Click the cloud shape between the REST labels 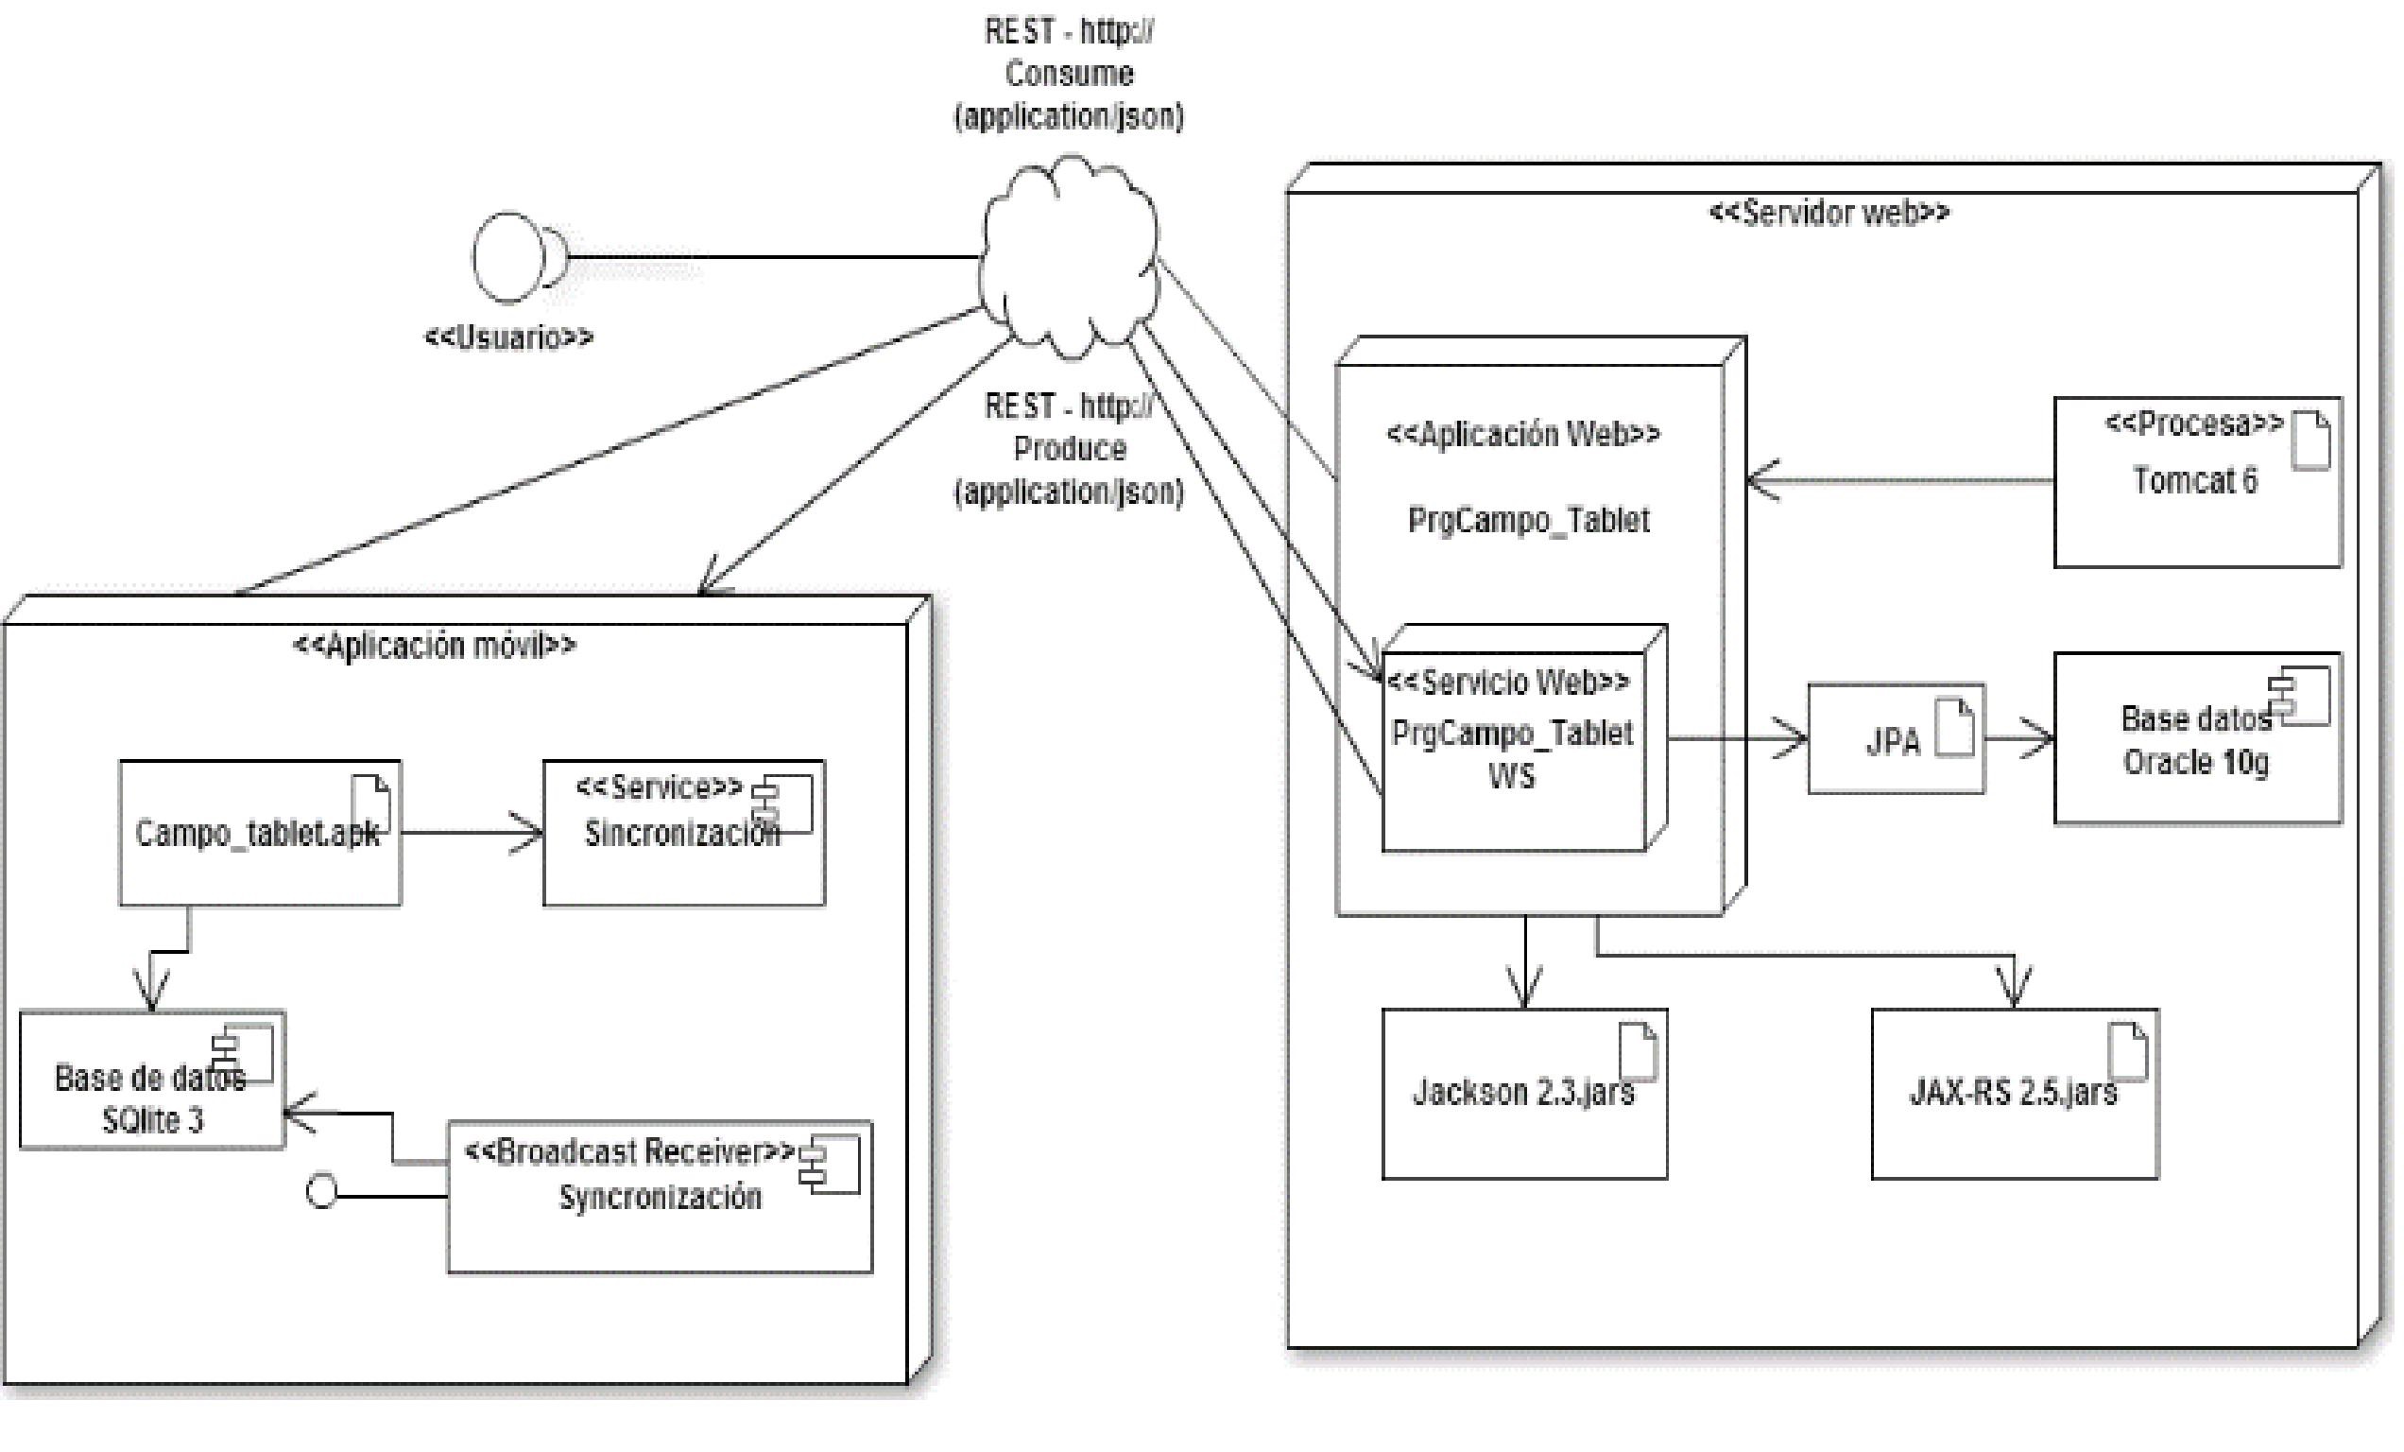1070,255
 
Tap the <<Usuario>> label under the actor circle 508,337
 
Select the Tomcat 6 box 2196,482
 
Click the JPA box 1895,739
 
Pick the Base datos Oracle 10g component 2196,739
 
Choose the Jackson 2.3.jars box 1524,1094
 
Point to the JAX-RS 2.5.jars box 2014,1094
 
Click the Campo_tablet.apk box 260,834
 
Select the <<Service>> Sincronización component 683,834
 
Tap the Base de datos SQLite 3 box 152,1080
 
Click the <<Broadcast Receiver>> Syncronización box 660,1198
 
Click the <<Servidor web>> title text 1829,213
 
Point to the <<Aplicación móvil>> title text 434,646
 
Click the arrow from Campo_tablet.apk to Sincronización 472,833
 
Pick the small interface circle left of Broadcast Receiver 322,1191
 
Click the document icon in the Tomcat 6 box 2310,441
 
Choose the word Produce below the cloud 1070,449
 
